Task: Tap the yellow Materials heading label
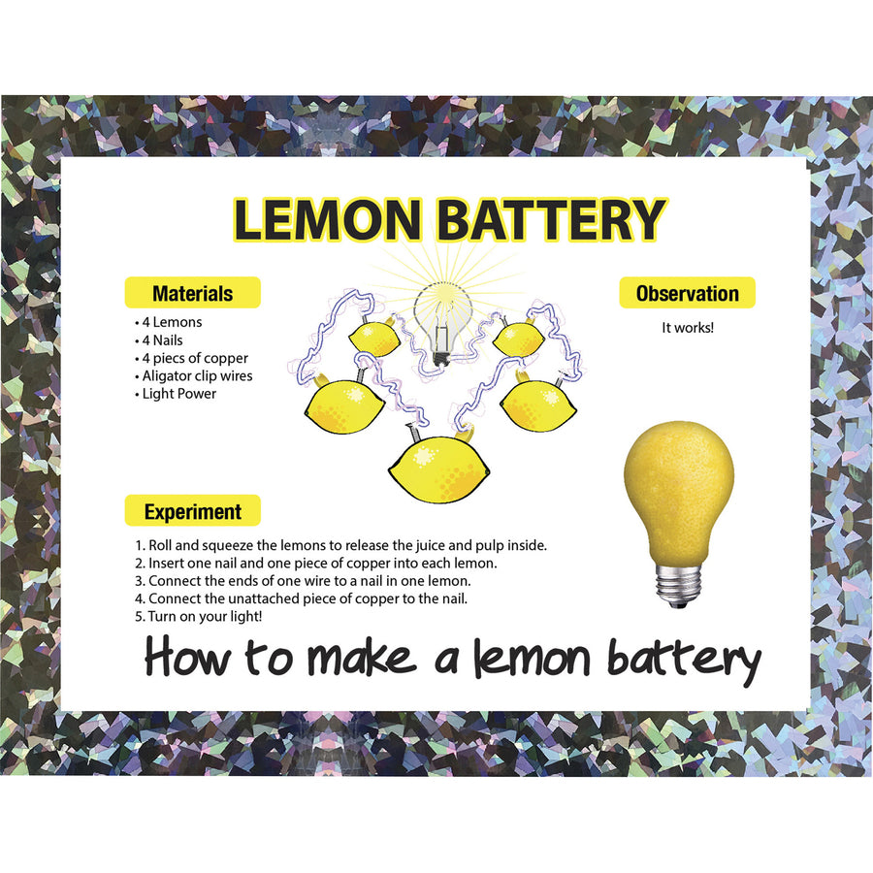coord(192,293)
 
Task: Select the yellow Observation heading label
coord(687,293)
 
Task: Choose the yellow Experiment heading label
coord(192,511)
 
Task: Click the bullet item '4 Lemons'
coord(172,322)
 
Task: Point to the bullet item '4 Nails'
coord(162,340)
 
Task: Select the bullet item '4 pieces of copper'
coord(195,358)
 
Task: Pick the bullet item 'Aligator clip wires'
coord(197,376)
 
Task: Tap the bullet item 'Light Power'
coord(178,394)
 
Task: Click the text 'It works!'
coord(688,328)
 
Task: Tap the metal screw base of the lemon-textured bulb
coord(678,584)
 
